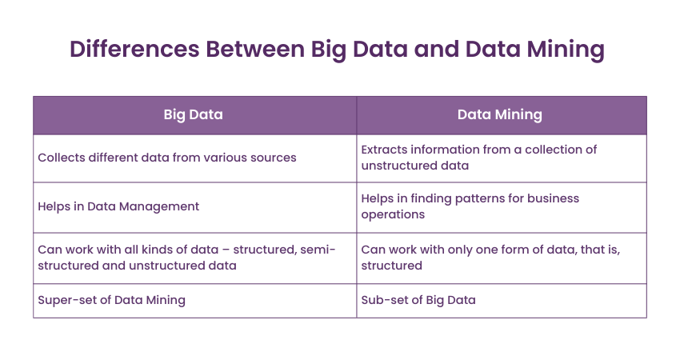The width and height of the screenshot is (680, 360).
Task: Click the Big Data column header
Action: point(193,114)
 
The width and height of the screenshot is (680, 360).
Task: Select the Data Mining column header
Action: point(500,114)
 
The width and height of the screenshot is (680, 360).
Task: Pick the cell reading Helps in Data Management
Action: point(118,206)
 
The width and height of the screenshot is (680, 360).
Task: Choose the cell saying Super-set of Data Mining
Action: point(111,300)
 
